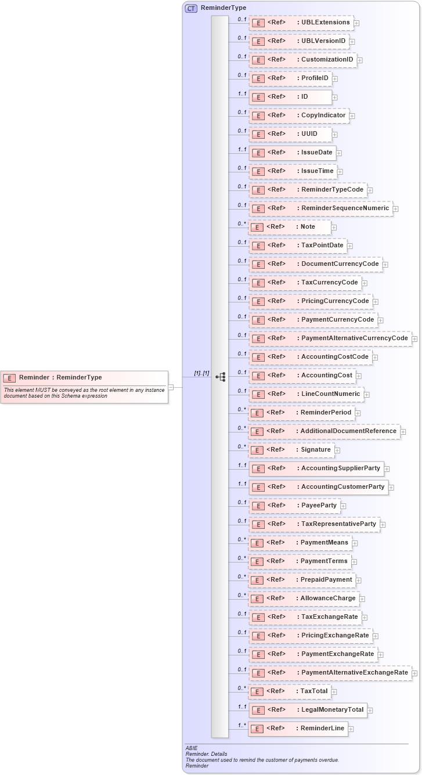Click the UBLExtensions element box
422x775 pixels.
click(301, 23)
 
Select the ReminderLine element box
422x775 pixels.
click(298, 729)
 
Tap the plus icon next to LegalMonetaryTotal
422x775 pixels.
click(370, 710)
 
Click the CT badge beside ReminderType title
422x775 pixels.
click(190, 8)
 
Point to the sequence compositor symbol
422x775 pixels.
click(220, 377)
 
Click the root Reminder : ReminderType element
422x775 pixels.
click(84, 377)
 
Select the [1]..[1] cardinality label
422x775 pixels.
click(201, 373)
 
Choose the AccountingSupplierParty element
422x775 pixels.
click(316, 468)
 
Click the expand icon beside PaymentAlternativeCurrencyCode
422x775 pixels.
click(414, 338)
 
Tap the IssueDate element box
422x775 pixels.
click(293, 153)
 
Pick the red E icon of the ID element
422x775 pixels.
click(258, 97)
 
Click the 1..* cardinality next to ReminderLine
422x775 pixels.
click(241, 725)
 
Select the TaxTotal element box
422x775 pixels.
click(290, 691)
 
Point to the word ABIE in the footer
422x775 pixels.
click(192, 748)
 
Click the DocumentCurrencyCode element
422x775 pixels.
click(316, 264)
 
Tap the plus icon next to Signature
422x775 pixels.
click(337, 450)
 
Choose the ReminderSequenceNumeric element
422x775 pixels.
click(320, 208)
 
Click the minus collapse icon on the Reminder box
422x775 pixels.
click(171, 387)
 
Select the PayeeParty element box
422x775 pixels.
click(294, 506)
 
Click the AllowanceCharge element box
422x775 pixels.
click(304, 599)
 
